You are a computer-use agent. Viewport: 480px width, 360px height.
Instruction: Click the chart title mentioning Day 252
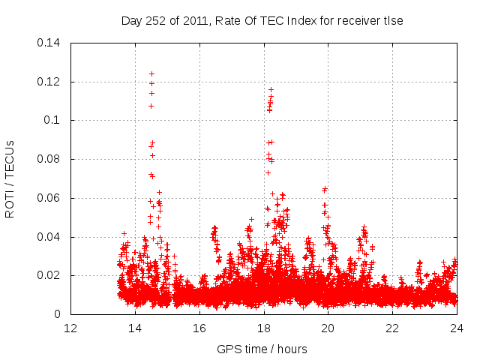pos(262,21)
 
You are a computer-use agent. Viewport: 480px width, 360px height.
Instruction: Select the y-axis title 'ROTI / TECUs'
pos(10,178)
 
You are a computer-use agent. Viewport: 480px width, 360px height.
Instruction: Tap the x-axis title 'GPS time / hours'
pos(262,349)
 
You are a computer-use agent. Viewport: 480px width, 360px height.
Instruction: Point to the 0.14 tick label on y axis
pos(49,42)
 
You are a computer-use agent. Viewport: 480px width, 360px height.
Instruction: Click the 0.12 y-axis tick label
pos(49,81)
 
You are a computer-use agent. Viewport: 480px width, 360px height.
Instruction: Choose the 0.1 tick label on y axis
pos(52,120)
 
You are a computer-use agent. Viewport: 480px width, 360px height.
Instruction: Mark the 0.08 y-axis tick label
pos(49,159)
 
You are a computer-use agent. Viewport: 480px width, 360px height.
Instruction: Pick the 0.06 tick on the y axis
pos(49,198)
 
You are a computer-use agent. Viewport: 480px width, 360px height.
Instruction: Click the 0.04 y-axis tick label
pos(49,237)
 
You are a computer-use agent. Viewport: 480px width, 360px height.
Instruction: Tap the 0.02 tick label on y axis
pos(49,276)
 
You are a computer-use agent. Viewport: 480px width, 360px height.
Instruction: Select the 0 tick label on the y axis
pos(58,315)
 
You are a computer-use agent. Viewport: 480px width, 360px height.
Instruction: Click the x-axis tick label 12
pos(70,328)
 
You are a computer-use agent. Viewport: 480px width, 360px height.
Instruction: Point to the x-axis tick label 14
pos(135,328)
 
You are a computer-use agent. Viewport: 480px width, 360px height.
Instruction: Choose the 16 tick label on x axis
pos(199,328)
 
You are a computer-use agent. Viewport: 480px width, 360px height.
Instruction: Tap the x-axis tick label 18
pos(264,328)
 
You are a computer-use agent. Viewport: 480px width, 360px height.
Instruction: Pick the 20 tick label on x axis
pos(328,328)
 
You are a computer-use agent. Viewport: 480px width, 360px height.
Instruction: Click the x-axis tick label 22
pos(393,328)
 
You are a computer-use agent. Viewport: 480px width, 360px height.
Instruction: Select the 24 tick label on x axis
pos(457,328)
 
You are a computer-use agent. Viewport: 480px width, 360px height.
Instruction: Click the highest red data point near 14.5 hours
pos(151,73)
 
